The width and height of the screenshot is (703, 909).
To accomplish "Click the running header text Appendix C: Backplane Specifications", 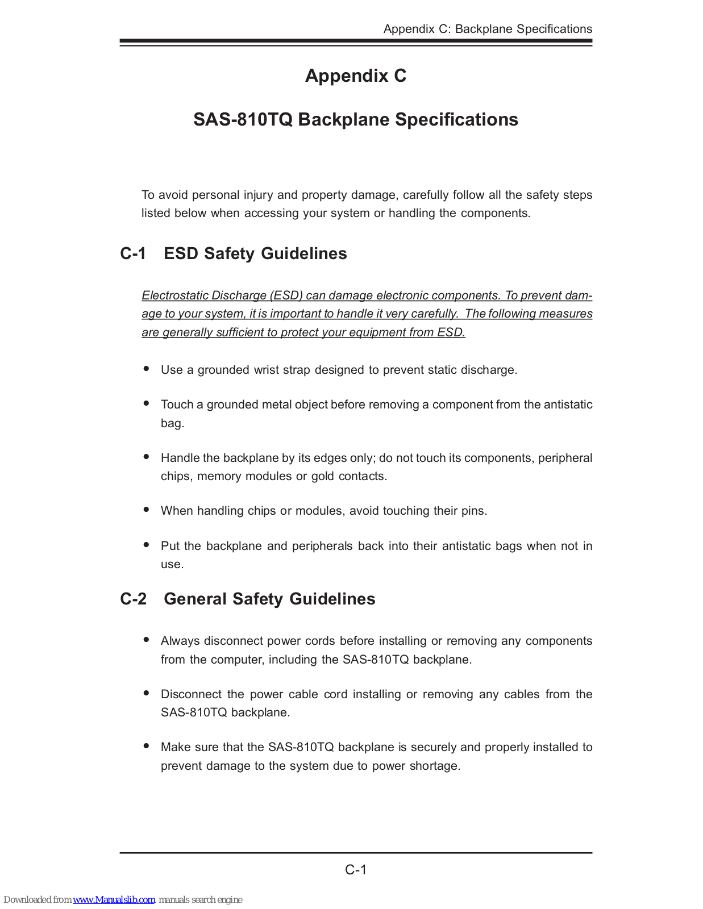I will pos(488,29).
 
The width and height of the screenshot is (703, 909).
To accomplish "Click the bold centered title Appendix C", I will pos(356,76).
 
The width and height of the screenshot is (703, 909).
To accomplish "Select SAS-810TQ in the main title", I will pos(243,120).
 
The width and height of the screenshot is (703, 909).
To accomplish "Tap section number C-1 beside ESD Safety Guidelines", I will pos(133,253).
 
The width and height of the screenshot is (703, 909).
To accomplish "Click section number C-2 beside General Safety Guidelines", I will pos(133,599).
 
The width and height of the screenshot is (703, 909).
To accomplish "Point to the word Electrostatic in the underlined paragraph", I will pos(175,295).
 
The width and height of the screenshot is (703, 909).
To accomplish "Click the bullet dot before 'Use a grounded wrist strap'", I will pos(147,369).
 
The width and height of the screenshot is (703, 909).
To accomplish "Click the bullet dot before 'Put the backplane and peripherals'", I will pos(147,545).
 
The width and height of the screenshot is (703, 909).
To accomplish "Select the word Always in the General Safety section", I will pos(180,641).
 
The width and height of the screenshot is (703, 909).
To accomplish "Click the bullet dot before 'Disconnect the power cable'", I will pos(147,693).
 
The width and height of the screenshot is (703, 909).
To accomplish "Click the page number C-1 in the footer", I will pos(356,870).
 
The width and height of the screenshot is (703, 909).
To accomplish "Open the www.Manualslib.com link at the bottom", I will pos(114,900).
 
